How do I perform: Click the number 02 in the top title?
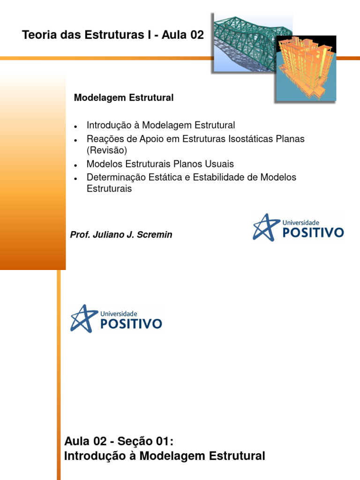[196, 36]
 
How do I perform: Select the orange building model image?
[305, 68]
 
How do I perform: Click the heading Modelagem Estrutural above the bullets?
[124, 98]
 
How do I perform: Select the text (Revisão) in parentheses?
[107, 150]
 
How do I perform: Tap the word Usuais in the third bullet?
[220, 164]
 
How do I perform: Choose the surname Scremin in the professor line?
[155, 235]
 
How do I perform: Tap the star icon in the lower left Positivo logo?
[82, 318]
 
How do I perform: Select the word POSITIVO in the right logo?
[313, 232]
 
